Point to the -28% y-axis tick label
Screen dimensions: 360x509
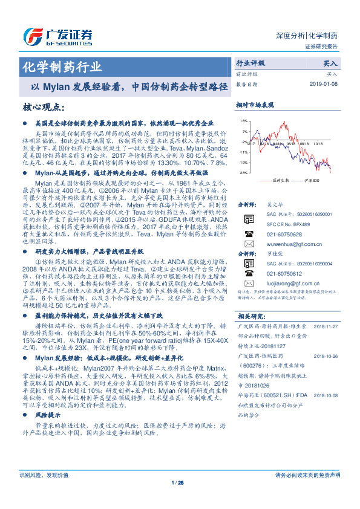pos(243,173)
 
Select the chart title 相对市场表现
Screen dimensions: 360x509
pos(254,105)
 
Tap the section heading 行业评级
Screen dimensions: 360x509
pos(250,63)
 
